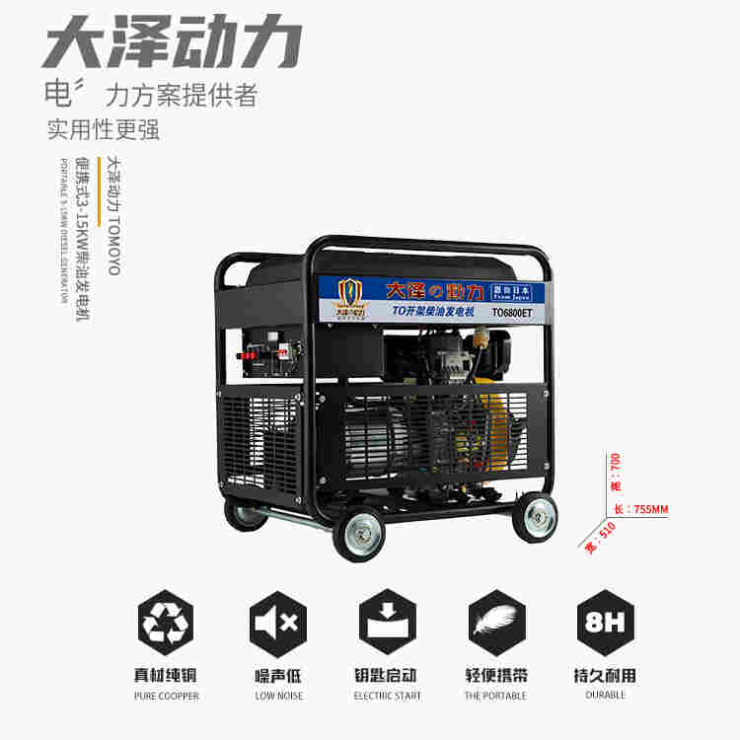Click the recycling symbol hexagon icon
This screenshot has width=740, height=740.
click(x=167, y=624)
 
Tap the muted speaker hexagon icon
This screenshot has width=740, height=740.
click(x=276, y=624)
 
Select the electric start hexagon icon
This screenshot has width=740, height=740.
click(x=387, y=624)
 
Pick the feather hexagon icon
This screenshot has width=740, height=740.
click(x=495, y=624)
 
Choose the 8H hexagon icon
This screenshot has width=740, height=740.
click(x=604, y=624)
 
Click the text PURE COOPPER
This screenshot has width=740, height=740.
click(x=167, y=696)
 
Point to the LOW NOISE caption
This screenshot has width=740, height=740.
click(x=276, y=696)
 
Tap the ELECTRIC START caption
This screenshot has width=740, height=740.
click(x=387, y=696)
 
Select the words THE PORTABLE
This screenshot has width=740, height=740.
click(x=495, y=696)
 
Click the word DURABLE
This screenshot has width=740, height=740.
click(x=604, y=696)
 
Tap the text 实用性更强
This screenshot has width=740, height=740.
click(x=104, y=129)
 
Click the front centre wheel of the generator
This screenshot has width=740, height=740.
click(x=358, y=532)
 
